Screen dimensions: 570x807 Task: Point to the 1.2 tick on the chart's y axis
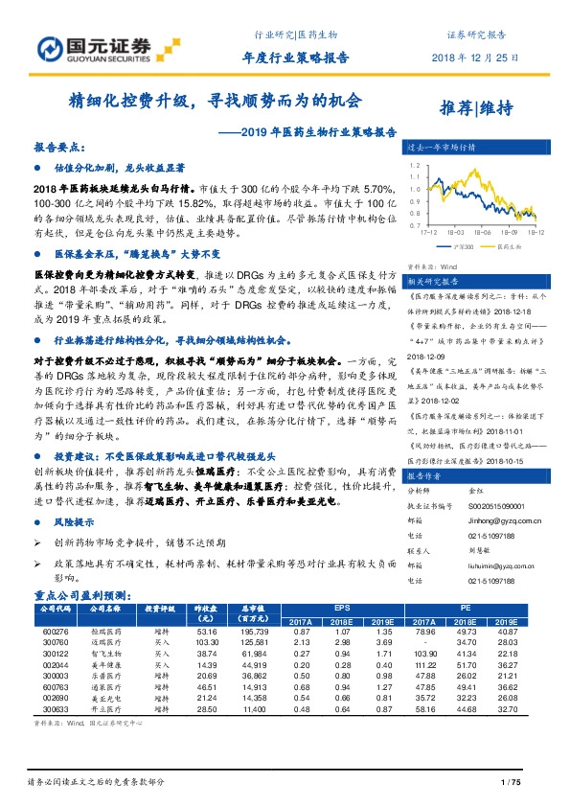[x=414, y=165]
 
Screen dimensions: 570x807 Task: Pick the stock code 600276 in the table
[x=57, y=632]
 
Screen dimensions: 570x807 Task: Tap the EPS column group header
[x=343, y=607]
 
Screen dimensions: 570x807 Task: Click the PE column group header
[x=466, y=607]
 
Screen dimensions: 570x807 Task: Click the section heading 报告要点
[x=59, y=150]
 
